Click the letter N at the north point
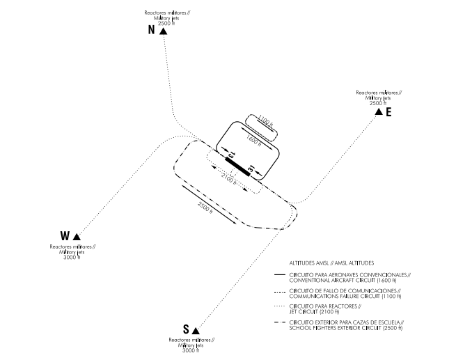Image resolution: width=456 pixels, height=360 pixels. tap(150, 30)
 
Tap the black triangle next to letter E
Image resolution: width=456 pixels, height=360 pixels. tap(378, 111)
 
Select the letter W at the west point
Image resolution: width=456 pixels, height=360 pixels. tap(65, 235)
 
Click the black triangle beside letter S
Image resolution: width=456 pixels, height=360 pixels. tap(196, 329)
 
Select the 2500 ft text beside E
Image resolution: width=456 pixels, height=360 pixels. tap(378, 102)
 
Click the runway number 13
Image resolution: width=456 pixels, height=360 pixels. tap(233, 153)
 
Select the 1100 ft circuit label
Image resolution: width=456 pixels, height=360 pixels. tap(265, 122)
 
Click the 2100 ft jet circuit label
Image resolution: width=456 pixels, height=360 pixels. tap(229, 178)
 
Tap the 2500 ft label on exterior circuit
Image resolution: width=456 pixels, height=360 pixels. tap(207, 209)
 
